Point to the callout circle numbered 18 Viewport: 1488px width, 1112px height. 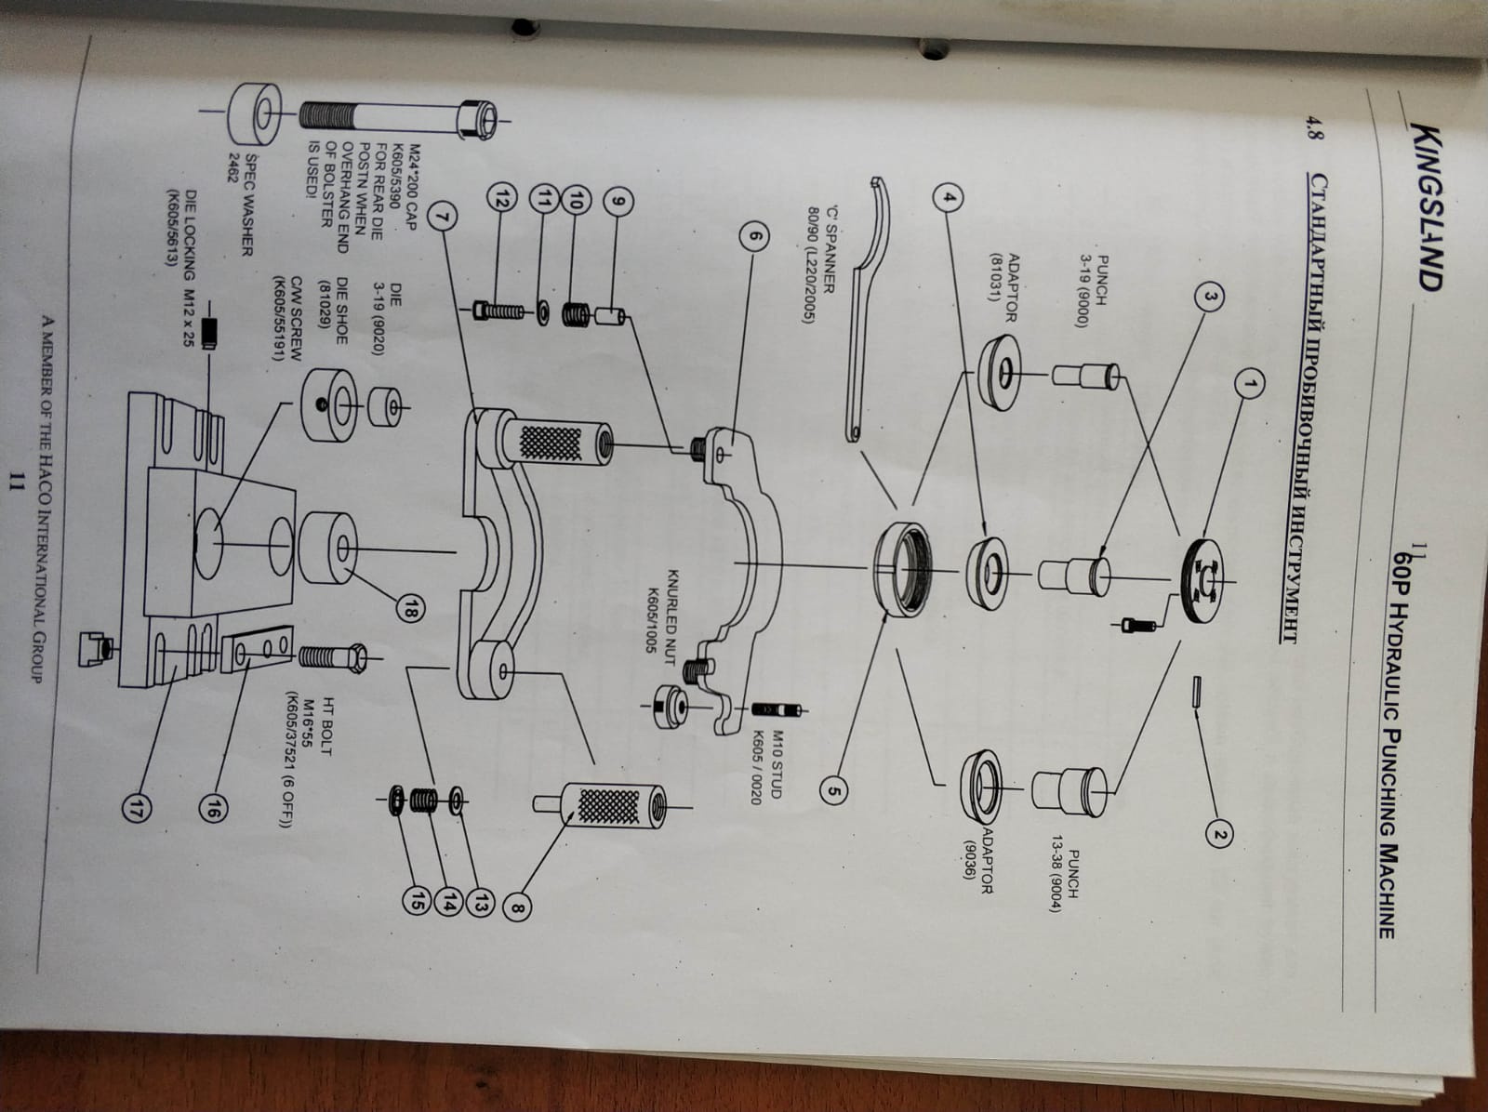tap(410, 606)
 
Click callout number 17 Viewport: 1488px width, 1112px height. tap(137, 808)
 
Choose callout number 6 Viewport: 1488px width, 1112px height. tap(755, 236)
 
